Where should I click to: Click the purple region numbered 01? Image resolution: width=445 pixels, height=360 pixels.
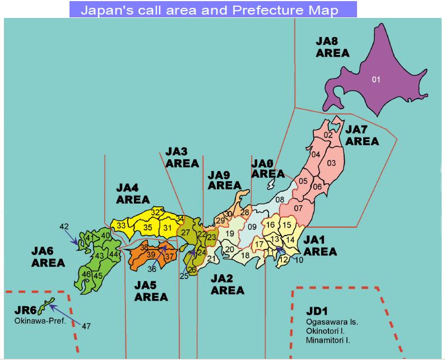click(376, 80)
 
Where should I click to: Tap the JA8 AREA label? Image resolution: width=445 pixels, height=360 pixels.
click(332, 47)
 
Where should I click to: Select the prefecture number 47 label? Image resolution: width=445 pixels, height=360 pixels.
click(86, 326)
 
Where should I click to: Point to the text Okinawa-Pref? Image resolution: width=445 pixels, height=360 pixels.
click(40, 321)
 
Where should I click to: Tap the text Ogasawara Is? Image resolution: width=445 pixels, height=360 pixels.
click(332, 322)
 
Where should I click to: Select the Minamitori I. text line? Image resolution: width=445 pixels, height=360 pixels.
click(331, 340)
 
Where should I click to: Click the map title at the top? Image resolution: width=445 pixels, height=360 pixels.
click(213, 10)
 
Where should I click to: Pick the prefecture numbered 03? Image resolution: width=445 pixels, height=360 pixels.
click(331, 163)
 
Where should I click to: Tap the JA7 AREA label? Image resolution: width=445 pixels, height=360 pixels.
click(362, 135)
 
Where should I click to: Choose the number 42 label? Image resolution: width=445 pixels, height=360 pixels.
click(64, 227)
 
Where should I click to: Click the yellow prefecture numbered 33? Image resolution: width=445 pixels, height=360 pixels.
click(121, 225)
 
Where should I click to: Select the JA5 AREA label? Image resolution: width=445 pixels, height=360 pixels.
click(151, 290)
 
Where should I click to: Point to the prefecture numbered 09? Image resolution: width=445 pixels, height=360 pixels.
click(252, 227)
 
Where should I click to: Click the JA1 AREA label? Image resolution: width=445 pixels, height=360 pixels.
click(320, 246)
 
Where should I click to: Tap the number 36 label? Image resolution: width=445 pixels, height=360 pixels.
click(152, 269)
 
